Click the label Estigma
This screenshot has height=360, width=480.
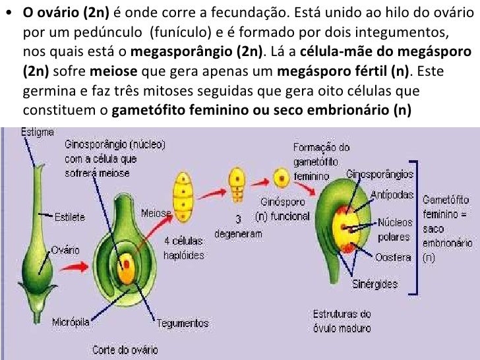38,132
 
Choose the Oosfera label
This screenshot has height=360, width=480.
393,256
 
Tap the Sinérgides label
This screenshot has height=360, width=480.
375,284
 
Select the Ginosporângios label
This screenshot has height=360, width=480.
380,175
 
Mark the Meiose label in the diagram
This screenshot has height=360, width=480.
156,213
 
